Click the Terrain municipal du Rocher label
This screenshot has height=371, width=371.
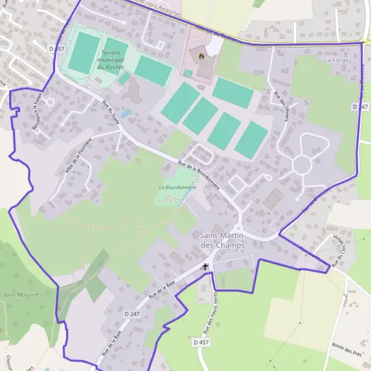coord(112,61)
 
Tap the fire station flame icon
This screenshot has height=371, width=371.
coord(200,55)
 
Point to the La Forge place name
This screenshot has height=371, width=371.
coord(337,60)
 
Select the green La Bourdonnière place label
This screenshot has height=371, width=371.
coord(177,187)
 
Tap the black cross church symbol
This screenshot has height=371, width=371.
coord(205,267)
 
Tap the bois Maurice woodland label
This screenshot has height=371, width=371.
coord(21,294)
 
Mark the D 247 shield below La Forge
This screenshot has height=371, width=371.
coord(360,107)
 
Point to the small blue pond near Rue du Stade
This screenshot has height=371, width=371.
coord(126,114)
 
